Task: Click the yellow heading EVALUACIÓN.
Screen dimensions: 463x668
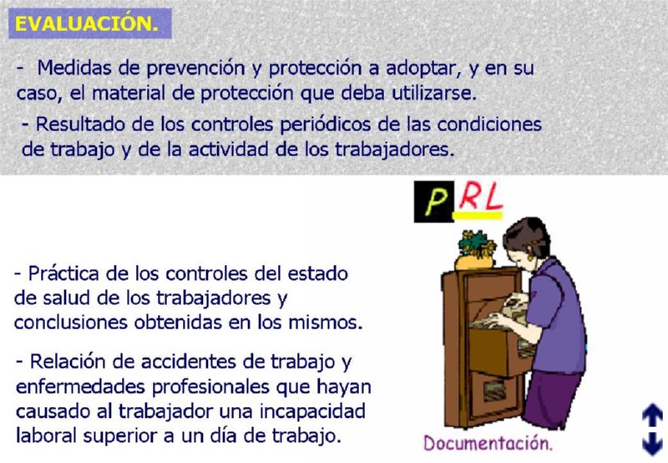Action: pyautogui.click(x=86, y=23)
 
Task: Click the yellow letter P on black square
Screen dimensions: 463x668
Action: pyautogui.click(x=433, y=202)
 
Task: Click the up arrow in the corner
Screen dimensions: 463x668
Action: pyautogui.click(x=651, y=415)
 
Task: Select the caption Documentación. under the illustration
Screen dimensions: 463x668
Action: pyautogui.click(x=488, y=442)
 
